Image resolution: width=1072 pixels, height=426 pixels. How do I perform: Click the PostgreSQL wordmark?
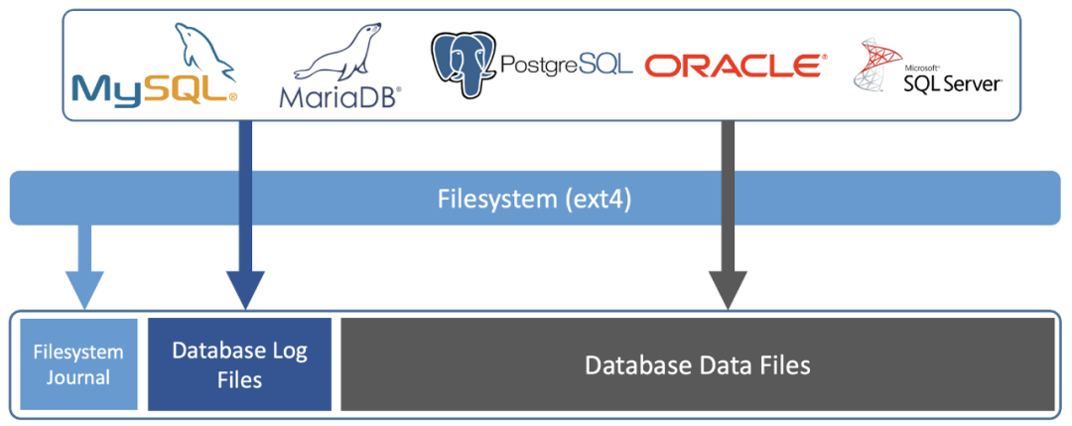tap(566, 67)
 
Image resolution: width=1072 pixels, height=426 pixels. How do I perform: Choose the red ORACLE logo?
tap(734, 67)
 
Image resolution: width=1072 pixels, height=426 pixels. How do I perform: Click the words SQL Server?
tap(952, 83)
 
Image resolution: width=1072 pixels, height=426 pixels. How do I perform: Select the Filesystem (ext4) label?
tap(535, 198)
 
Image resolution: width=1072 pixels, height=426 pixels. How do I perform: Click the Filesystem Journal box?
tap(78, 363)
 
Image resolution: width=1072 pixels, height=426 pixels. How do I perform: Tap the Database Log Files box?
tap(239, 363)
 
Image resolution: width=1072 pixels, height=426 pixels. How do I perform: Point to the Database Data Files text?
tap(697, 365)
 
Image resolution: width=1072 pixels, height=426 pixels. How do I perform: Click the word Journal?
tap(78, 376)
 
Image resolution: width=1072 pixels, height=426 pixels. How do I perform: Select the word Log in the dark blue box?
tap(287, 351)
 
